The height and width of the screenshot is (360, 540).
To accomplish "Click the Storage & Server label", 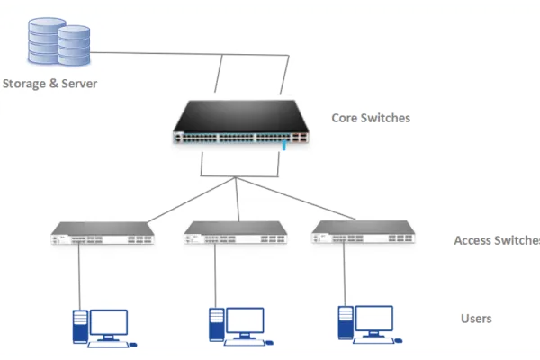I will tap(49, 84).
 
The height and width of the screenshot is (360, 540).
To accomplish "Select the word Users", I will tap(476, 319).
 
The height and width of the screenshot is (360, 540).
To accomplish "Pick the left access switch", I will tap(102, 233).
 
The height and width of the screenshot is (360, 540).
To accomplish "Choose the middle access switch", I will tap(236, 233).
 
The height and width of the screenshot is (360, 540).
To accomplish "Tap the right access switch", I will tap(367, 233).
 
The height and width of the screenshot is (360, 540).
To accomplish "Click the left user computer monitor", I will tap(108, 322).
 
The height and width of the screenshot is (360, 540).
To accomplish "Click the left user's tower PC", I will tap(79, 326).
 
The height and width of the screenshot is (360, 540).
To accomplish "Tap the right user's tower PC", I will tap(345, 323).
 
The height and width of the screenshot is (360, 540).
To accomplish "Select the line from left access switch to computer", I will tap(79, 274).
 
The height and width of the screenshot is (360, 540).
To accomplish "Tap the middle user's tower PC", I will tap(216, 326).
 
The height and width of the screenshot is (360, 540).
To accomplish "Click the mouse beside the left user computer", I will tap(133, 343).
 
